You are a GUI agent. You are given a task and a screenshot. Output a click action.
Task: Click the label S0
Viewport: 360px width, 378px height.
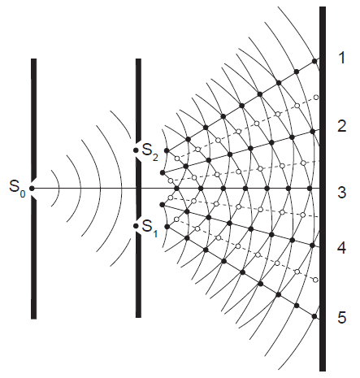pos(18,188)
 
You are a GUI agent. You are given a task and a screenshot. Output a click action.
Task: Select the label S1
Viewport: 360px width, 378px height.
pos(150,227)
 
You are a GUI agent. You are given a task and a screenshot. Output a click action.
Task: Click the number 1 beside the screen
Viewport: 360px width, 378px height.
pos(342,58)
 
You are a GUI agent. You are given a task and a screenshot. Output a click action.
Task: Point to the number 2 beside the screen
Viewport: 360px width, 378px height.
pos(342,126)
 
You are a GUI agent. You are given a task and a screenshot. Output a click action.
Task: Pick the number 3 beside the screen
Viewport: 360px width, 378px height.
pos(342,192)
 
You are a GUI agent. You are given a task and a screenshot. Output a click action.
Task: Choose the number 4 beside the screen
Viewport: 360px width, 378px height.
pos(342,248)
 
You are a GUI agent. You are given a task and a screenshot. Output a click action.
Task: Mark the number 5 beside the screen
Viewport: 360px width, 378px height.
pos(342,317)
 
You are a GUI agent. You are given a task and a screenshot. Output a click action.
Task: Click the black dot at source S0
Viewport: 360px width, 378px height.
pos(32,189)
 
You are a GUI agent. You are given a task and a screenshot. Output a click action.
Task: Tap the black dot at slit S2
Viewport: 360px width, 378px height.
pos(136,150)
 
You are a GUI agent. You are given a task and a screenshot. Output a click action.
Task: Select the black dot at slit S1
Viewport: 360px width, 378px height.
pos(136,226)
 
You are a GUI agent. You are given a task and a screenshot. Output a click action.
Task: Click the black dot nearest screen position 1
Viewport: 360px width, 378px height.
pos(314,62)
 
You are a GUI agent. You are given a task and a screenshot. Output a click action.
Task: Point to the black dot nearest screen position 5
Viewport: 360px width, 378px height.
pos(314,316)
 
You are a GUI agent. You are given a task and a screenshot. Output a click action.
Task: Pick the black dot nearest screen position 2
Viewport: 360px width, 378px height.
pos(312,132)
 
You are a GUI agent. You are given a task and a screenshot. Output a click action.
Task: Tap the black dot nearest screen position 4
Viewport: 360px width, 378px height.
pos(312,245)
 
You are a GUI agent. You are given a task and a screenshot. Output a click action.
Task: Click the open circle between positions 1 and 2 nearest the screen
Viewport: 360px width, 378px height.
pos(316,98)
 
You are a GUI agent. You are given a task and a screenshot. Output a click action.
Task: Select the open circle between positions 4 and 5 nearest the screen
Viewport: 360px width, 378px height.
pos(315,280)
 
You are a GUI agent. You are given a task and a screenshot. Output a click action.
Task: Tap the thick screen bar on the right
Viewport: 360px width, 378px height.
pos(323,189)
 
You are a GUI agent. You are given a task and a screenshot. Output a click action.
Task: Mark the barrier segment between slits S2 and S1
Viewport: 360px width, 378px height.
pos(138,189)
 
